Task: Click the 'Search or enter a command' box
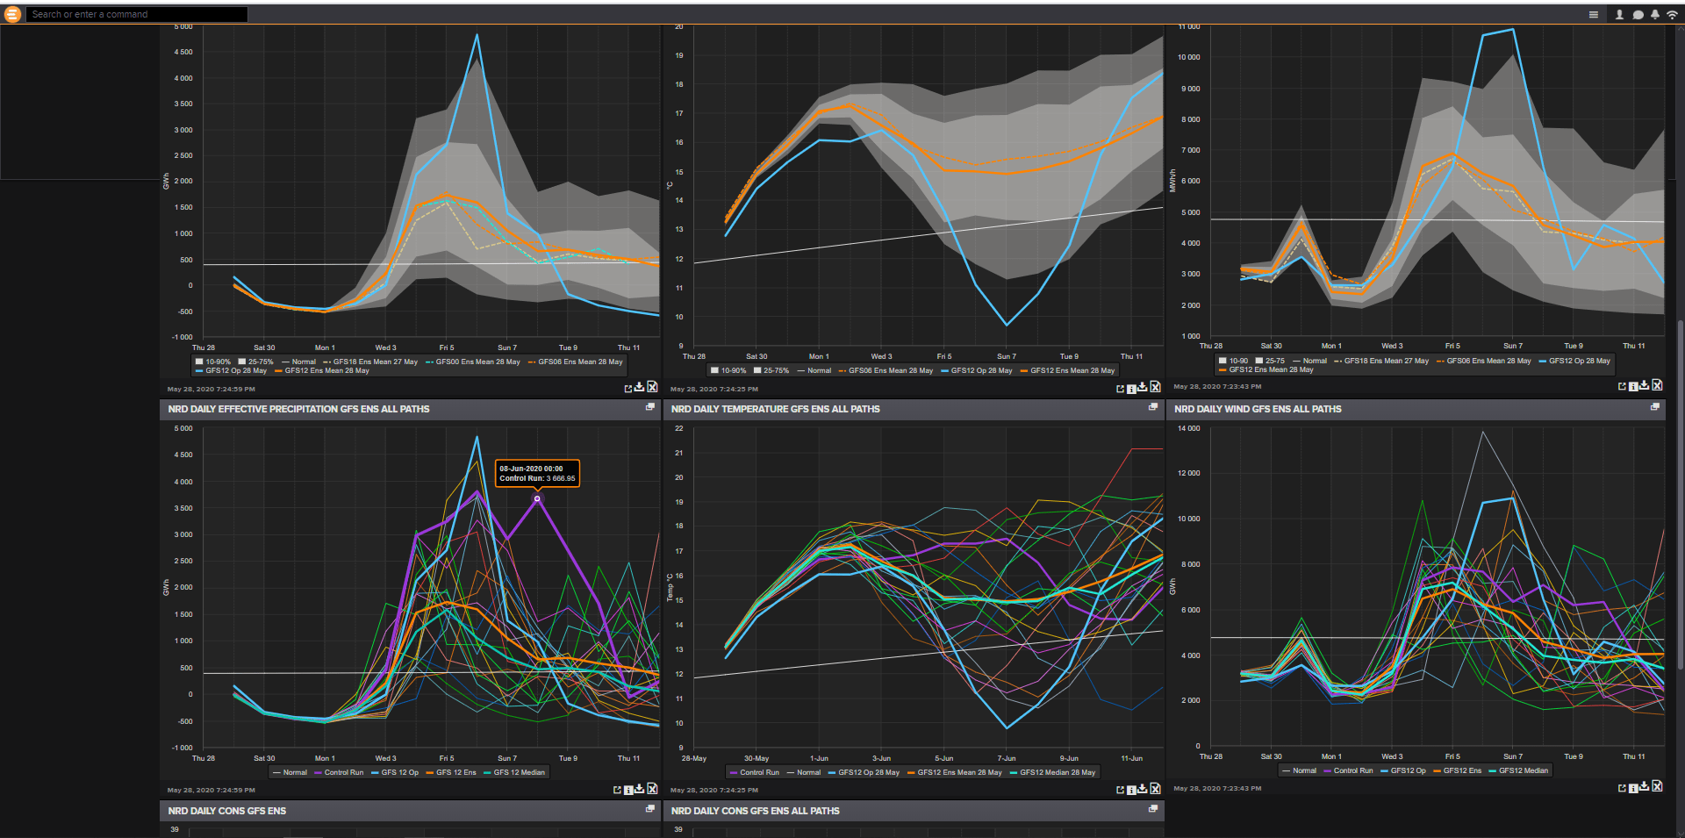coord(136,14)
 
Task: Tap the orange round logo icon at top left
coord(12,14)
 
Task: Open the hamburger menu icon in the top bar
coord(1594,14)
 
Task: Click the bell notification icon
coord(1654,14)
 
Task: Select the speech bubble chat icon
coord(1638,14)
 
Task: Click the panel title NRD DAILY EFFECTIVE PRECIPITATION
coord(298,409)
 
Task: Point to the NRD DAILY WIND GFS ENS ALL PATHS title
coord(1258,409)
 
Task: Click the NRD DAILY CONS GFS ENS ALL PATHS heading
coord(755,811)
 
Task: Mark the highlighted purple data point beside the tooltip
coord(537,498)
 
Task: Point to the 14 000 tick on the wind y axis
coord(1187,428)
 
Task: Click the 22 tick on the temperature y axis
coord(678,428)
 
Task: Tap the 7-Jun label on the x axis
coord(1007,758)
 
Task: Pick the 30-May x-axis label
coord(756,758)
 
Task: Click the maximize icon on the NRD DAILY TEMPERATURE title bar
coord(1153,407)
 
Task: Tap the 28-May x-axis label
coord(693,758)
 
